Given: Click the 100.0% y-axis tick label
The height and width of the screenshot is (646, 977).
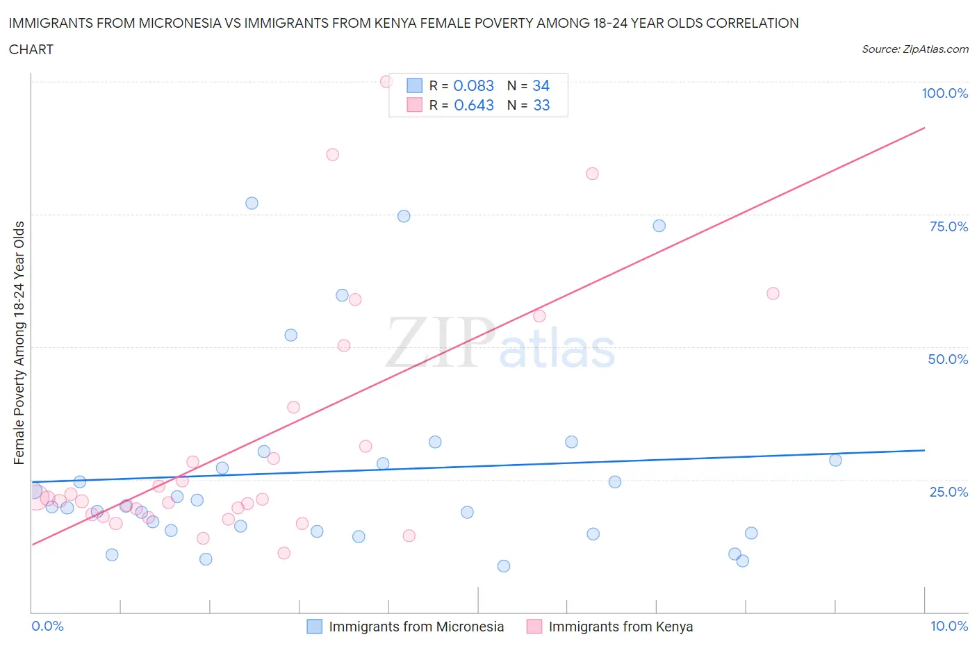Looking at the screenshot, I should coord(944,93).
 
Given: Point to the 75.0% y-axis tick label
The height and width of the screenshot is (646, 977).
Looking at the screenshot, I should coord(949,226).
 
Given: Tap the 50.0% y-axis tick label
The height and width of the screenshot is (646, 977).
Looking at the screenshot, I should coord(948,359).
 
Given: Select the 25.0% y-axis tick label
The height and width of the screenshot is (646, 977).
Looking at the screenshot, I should coord(949,492).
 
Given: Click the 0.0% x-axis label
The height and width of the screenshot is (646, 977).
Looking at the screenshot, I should coord(47,626).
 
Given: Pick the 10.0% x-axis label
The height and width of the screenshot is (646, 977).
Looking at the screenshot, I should coord(949,626).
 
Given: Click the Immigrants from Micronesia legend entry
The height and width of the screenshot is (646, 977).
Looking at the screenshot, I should coord(416,627).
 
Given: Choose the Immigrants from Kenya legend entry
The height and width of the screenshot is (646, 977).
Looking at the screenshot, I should coord(620,627).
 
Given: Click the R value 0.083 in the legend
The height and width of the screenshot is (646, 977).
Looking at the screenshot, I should coord(473,85).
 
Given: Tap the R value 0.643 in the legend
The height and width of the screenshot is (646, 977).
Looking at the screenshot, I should coord(474,105).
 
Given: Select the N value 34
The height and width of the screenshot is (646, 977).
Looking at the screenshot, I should coord(541,85).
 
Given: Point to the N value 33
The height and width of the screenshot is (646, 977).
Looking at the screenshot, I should coord(541,105).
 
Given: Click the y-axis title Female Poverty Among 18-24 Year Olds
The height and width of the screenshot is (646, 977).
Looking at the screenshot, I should coord(19,342).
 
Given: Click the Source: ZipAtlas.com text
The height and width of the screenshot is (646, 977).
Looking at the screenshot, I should coord(914,49).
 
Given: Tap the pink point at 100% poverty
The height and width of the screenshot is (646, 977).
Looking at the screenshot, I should coord(386,81).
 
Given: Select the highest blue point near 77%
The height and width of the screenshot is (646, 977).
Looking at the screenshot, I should coord(252,203).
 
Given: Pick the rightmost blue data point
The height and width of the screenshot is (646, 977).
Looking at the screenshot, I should coord(835,460).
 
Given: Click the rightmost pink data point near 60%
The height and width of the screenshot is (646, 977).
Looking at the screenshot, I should coord(773,293).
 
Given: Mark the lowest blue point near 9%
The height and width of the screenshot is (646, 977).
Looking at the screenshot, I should coord(504,566).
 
